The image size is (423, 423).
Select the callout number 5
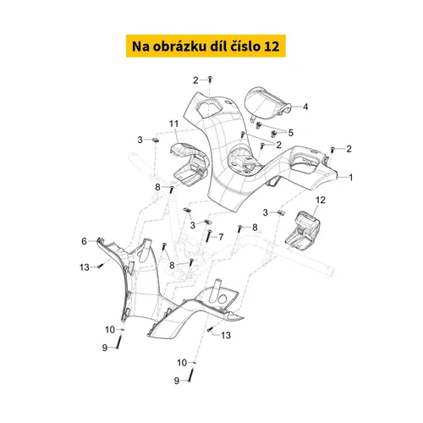(x=290, y=133)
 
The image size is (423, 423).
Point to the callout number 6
(x=84, y=242)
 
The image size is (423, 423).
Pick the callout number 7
(x=222, y=237)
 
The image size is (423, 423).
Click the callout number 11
(x=173, y=124)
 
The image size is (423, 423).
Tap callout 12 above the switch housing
(x=321, y=200)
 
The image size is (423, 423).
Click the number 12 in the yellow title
(x=280, y=44)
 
